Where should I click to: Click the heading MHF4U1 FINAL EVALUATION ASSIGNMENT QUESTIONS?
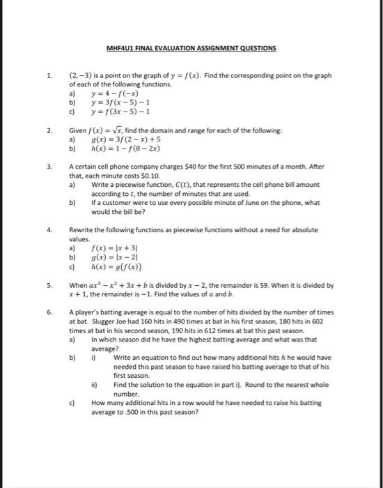(191, 48)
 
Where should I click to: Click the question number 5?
(49, 285)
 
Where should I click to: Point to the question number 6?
(49, 313)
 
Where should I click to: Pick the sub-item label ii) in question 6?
(93, 384)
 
